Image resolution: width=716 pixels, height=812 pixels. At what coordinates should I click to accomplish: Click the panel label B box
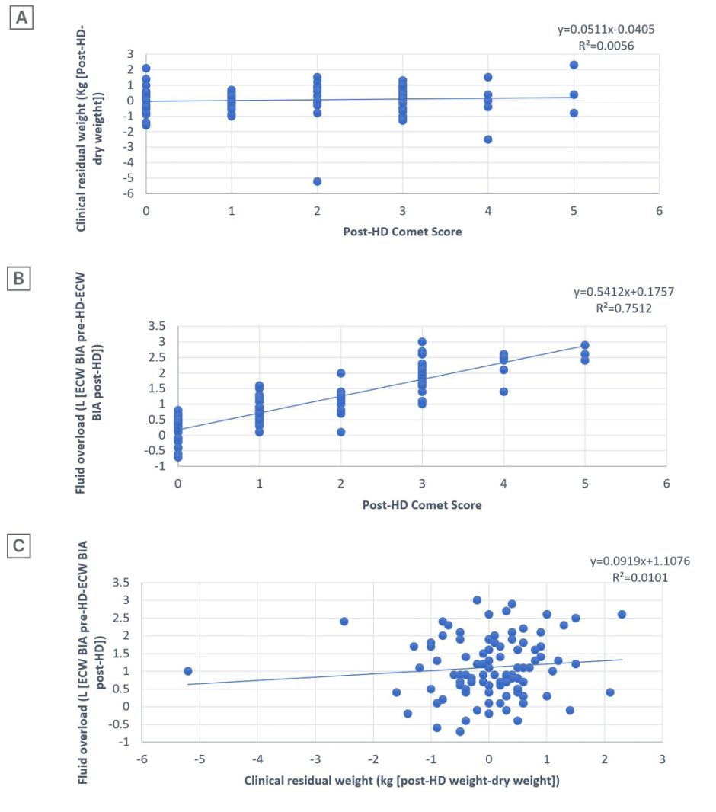pos(18,280)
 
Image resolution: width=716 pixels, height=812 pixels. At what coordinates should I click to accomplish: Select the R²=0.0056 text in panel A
pos(606,46)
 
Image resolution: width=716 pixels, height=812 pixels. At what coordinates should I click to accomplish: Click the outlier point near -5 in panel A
pos(317,181)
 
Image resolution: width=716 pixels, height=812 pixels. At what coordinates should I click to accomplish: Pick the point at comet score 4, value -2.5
pos(488,139)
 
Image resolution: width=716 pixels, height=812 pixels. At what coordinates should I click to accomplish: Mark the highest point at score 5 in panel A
pos(574,65)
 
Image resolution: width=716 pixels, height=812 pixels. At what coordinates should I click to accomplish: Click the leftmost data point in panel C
pos(188,671)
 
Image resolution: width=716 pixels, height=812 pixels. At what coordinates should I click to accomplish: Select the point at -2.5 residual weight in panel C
pos(344,622)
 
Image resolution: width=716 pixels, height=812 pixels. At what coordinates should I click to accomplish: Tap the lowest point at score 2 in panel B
pos(341,432)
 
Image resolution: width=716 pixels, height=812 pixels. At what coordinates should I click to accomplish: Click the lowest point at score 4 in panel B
pos(503,392)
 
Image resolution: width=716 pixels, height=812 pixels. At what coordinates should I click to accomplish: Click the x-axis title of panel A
pos(402,232)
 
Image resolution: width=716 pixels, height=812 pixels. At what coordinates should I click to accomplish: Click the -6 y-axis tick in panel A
pos(130,194)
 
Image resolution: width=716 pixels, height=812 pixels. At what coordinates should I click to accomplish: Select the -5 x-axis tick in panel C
pos(199,759)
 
